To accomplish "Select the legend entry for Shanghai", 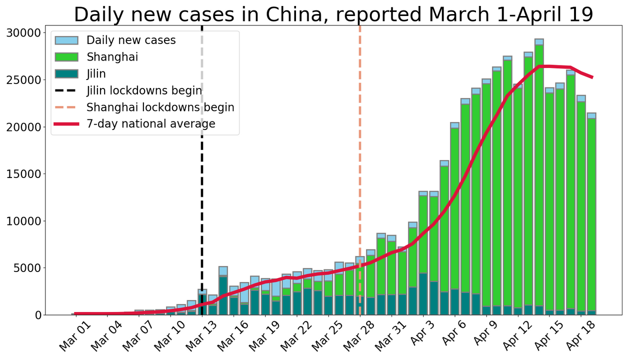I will [x=112, y=57].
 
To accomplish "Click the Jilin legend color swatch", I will [x=66, y=73].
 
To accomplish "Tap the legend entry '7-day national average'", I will [x=150, y=123].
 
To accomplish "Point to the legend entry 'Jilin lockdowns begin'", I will [x=144, y=90].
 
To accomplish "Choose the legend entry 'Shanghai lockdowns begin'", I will [x=160, y=107].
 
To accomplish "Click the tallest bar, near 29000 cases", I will [x=538, y=175].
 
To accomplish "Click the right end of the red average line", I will [x=592, y=77].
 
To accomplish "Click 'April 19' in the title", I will [x=561, y=14].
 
